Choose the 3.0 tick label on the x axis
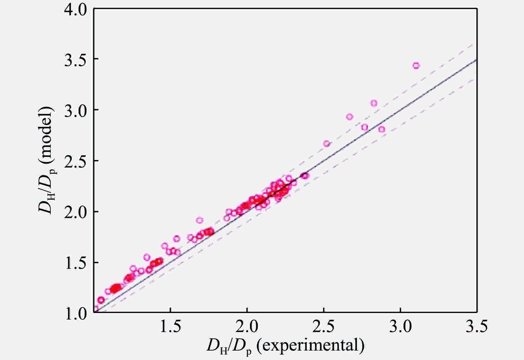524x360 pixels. click(x=400, y=327)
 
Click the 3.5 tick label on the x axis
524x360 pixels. click(x=476, y=327)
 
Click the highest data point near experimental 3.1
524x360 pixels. click(x=416, y=66)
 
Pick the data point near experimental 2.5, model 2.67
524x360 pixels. click(x=327, y=144)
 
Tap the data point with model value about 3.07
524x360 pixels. click(x=374, y=103)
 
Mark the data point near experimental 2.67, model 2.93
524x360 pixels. click(x=350, y=117)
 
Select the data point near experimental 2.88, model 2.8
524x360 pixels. click(x=382, y=129)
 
